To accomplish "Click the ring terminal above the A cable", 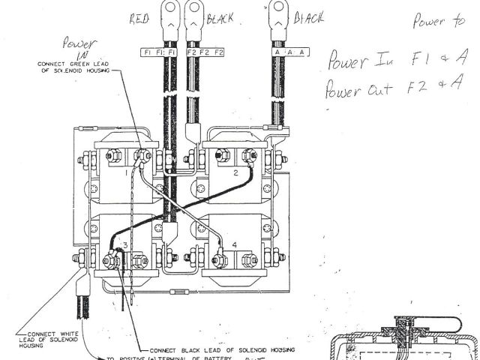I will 281,10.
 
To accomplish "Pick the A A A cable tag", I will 280,52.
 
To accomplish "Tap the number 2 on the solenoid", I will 235,172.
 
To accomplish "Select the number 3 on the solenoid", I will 126,245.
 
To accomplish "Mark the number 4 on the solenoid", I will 235,244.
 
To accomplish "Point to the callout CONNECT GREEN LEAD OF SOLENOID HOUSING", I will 73,67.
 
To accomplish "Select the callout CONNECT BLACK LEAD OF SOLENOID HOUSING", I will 223,349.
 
